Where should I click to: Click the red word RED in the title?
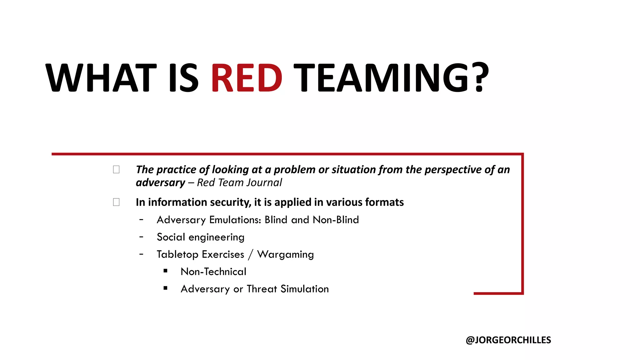pyautogui.click(x=247, y=78)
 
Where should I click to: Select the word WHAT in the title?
pyautogui.click(x=101, y=78)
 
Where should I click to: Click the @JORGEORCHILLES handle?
pyautogui.click(x=508, y=340)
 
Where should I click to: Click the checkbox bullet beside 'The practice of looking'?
pyautogui.click(x=116, y=170)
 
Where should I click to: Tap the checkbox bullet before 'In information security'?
pyautogui.click(x=116, y=202)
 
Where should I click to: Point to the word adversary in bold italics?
pyautogui.click(x=160, y=183)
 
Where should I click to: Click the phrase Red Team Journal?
pyautogui.click(x=239, y=182)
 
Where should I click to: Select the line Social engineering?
pyautogui.click(x=200, y=237)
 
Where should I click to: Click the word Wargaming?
pyautogui.click(x=285, y=254)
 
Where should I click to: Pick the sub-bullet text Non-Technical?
pyautogui.click(x=213, y=272)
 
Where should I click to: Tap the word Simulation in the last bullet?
pyautogui.click(x=304, y=289)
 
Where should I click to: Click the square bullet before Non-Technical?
pyautogui.click(x=165, y=271)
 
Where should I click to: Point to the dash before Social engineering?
pyautogui.click(x=142, y=237)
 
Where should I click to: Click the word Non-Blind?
pyautogui.click(x=336, y=220)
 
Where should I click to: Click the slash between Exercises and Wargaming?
pyautogui.click(x=250, y=254)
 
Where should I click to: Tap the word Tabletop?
pyautogui.click(x=177, y=254)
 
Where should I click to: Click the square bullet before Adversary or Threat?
pyautogui.click(x=165, y=288)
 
